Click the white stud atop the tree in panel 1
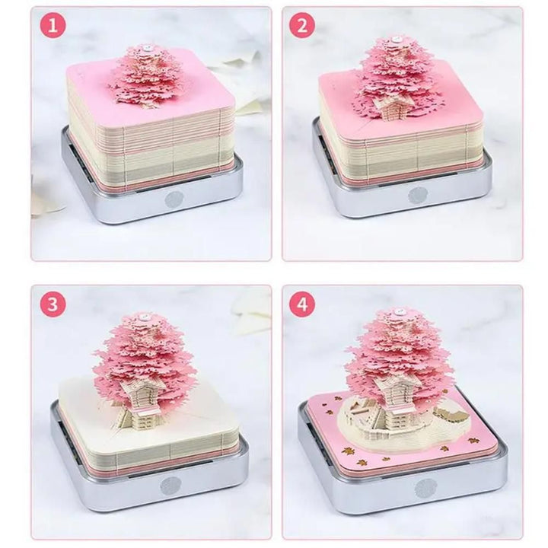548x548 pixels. pyautogui.click(x=143, y=48)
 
